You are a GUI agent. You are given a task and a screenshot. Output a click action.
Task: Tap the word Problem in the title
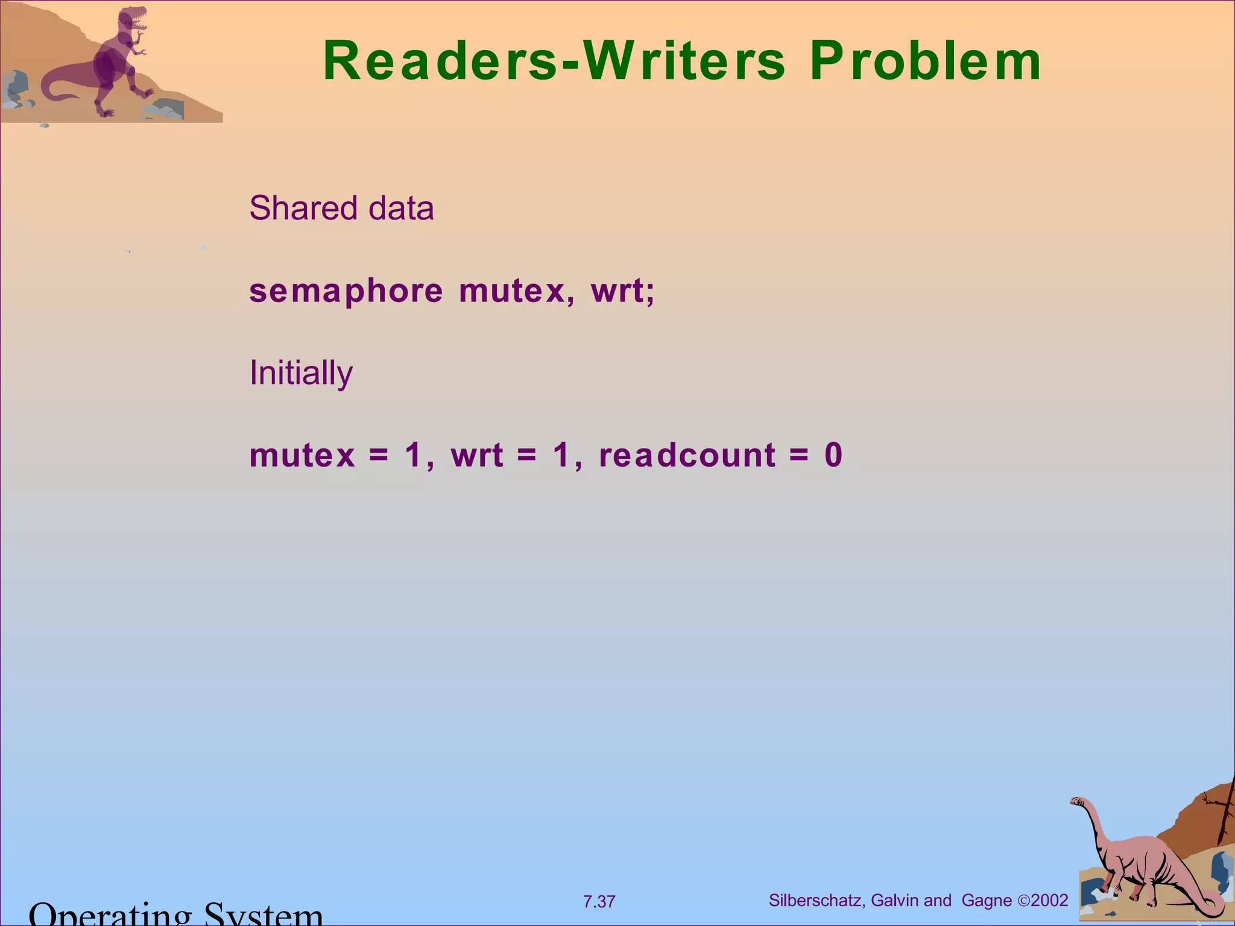925,61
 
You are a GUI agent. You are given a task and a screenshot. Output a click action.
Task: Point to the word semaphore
346,292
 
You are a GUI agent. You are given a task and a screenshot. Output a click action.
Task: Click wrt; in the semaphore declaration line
622,292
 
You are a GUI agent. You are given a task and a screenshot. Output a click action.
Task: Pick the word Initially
301,373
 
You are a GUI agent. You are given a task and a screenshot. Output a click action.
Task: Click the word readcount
687,455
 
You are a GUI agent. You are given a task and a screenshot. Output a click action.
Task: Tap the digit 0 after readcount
833,455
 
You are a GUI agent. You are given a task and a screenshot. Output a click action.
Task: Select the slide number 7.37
599,902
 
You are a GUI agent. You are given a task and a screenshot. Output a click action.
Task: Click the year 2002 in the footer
1049,901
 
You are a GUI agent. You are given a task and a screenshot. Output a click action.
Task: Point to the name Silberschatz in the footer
816,901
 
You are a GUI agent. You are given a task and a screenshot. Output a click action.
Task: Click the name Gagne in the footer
987,901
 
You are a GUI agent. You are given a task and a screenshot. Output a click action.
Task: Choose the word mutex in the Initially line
302,455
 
